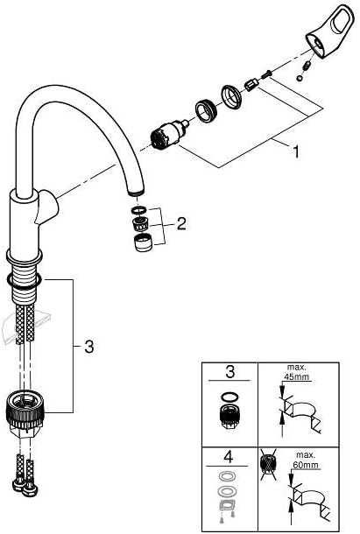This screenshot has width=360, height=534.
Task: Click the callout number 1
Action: tap(295, 151)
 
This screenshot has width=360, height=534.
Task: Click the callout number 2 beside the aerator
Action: tap(181, 224)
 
